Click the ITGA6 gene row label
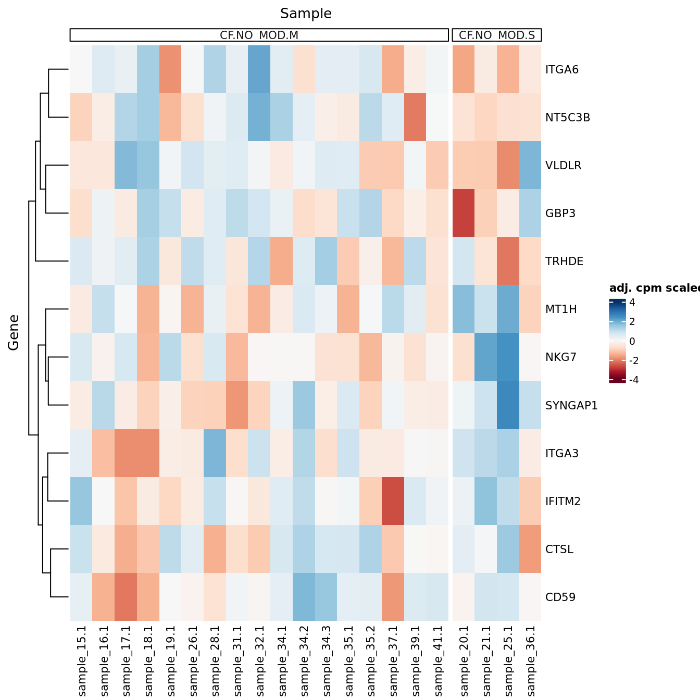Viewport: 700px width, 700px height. (x=561, y=70)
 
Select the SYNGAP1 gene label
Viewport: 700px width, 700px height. (x=571, y=405)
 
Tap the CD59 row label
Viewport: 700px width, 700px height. (x=560, y=597)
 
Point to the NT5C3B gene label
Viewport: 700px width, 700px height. (x=567, y=118)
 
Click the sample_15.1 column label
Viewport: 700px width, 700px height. (x=81, y=660)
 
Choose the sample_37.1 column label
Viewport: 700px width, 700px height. (x=393, y=660)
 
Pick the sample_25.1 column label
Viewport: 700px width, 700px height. (x=508, y=660)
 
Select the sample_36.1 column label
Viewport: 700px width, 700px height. (x=530, y=660)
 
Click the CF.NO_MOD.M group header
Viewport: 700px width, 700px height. (x=259, y=35)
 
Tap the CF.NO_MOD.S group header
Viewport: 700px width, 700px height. (x=497, y=35)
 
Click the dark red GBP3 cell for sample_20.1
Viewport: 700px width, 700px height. (x=464, y=214)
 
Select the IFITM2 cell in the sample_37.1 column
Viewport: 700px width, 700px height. (x=393, y=501)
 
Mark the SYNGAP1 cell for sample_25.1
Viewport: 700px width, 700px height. (x=508, y=405)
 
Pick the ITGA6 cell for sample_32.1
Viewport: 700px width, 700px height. (x=259, y=70)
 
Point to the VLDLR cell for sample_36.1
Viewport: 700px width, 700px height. (x=530, y=166)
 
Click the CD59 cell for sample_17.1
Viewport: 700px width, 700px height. (x=126, y=597)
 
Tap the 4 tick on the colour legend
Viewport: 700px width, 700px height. (x=632, y=303)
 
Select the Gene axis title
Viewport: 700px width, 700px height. (x=14, y=332)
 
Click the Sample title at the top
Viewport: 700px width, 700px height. (x=306, y=14)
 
